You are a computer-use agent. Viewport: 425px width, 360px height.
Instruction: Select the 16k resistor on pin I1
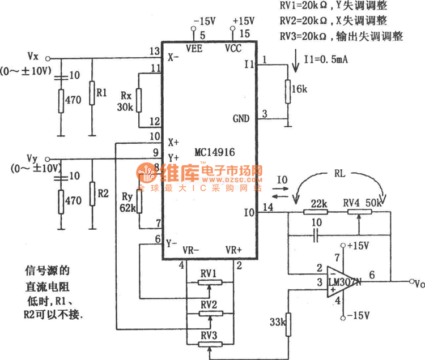click(x=287, y=91)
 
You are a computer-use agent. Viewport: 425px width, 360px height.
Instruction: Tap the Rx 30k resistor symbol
click(x=140, y=101)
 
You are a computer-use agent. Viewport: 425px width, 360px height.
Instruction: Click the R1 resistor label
click(x=102, y=92)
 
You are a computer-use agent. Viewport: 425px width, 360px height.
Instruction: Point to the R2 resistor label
click(x=103, y=193)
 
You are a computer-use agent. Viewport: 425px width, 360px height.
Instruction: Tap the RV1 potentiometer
click(x=210, y=281)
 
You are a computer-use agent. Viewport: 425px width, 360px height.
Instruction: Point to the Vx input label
click(x=33, y=56)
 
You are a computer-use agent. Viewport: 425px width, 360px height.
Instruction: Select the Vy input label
click(x=33, y=158)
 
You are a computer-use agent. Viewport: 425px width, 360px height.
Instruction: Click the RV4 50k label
click(x=361, y=203)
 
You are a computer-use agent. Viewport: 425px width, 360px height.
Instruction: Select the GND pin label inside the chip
click(x=241, y=119)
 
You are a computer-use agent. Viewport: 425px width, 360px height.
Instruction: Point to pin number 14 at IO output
click(x=267, y=208)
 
